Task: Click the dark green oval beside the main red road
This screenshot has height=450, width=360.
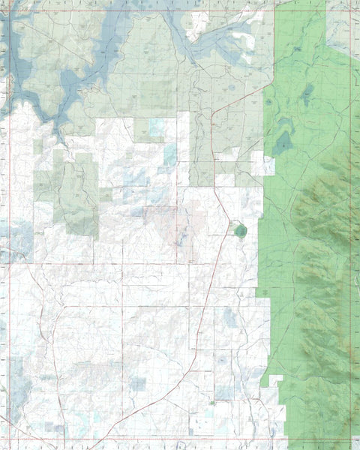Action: pyautogui.click(x=239, y=229)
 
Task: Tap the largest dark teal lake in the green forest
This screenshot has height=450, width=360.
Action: pyautogui.click(x=283, y=142)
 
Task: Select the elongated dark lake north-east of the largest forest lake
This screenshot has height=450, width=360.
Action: pyautogui.click(x=307, y=94)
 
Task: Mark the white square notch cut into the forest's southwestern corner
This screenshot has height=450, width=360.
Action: pyautogui.click(x=275, y=382)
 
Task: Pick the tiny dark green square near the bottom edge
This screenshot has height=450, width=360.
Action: pyautogui.click(x=213, y=403)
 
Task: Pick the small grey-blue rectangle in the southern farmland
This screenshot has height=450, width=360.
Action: pyautogui.click(x=138, y=384)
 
